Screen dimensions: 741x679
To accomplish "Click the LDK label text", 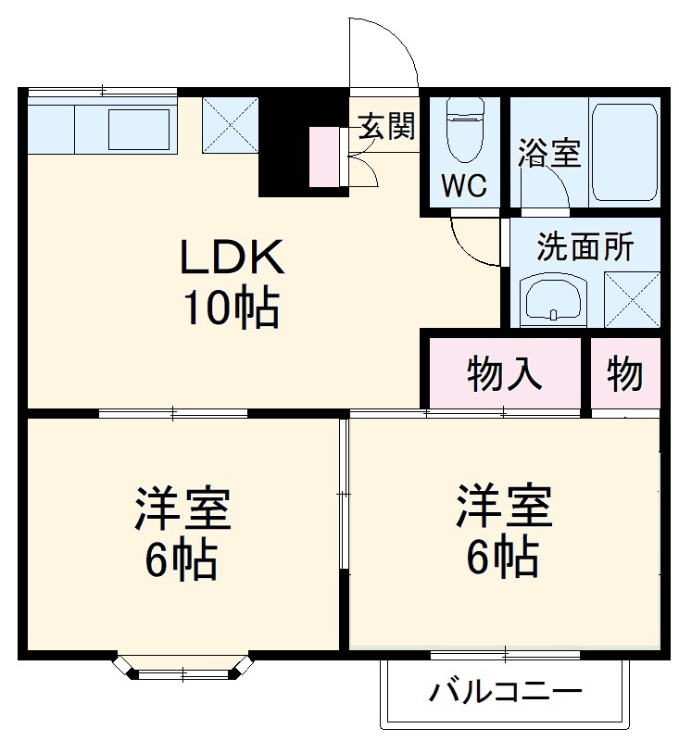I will coord(231,259).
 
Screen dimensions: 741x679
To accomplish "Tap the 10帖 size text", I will coord(231,309).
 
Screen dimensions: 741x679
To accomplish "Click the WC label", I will coord(462,185).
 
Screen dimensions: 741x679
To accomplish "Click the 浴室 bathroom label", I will coord(549,153).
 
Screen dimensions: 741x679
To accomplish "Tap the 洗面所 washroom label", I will coord(585,247).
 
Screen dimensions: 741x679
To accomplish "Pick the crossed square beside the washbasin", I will coord(631,298).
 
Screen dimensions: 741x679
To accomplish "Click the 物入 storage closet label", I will coord(504,375).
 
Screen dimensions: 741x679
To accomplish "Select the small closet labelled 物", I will coord(625,375).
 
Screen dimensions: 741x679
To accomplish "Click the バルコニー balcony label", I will coord(506,692).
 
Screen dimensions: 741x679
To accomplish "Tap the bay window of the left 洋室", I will coord(182,668).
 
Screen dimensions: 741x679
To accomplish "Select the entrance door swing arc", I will coord(382,51).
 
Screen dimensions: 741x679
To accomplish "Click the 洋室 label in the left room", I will coord(182,509).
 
